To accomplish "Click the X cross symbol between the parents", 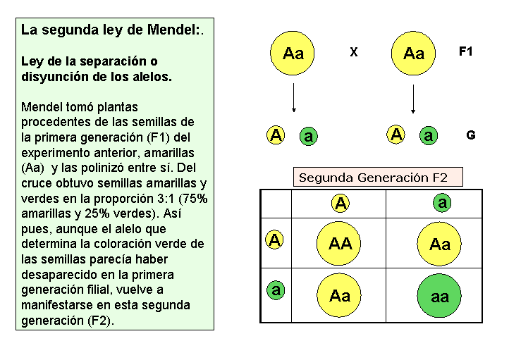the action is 354,52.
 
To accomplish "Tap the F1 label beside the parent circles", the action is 466,51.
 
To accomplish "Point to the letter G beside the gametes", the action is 471,135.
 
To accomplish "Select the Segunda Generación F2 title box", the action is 378,178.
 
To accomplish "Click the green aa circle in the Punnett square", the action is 439,296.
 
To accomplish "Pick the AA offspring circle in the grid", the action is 340,244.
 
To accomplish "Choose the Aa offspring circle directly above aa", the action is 439,244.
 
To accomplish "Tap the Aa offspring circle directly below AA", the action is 340,296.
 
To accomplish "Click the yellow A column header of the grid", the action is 341,204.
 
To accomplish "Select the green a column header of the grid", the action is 442,203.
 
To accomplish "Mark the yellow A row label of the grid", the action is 275,240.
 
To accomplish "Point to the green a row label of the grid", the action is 276,290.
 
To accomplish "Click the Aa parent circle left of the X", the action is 293,54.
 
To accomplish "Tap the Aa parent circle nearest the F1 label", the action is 414,54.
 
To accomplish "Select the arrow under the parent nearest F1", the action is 413,99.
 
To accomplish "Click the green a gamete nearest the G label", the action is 428,136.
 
